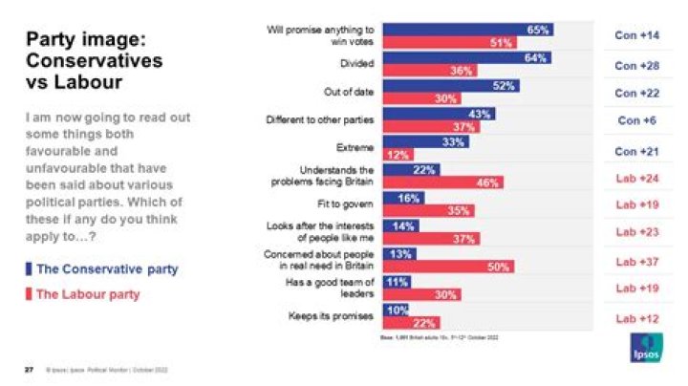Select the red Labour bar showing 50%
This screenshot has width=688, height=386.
(448, 267)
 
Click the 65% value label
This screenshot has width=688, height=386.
(538, 30)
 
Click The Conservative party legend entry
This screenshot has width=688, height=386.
(106, 269)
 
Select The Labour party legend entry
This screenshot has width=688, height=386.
(87, 294)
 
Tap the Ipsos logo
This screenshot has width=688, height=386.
(637, 350)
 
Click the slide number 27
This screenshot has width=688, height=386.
(28, 369)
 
